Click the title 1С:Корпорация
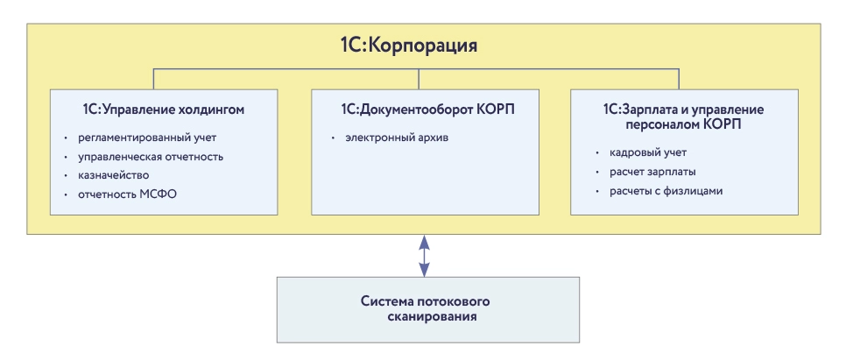click(422, 45)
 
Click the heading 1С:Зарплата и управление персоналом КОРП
click(684, 116)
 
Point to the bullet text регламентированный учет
click(146, 138)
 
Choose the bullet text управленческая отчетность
click(151, 157)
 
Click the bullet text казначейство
click(120, 175)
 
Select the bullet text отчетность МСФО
click(128, 194)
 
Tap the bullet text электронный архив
click(397, 138)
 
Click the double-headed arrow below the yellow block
click(424, 255)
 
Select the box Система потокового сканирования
click(427, 309)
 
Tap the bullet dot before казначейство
click(67, 176)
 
